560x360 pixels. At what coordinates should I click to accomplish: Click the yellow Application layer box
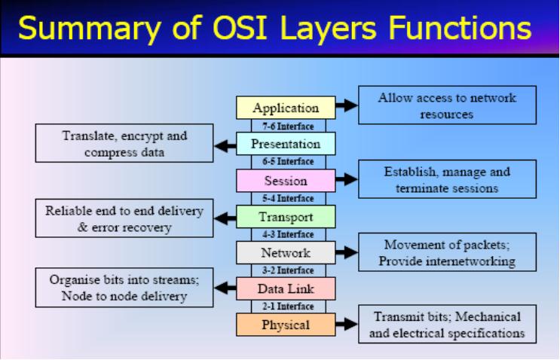tap(286, 108)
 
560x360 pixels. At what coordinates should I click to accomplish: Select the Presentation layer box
tap(286, 144)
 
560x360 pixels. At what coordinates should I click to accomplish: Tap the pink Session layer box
tap(286, 181)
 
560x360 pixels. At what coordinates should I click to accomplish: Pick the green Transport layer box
tap(286, 217)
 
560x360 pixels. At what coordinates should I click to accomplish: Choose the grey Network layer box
tap(286, 253)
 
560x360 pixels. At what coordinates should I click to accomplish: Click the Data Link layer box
tap(286, 289)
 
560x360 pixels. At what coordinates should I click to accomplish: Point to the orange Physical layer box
tap(286, 325)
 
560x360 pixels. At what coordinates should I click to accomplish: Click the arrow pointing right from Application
tap(346, 106)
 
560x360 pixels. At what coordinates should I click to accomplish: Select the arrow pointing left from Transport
tap(225, 217)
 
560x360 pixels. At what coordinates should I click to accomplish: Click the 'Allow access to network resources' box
tap(447, 105)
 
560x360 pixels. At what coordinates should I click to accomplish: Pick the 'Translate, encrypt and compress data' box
tap(124, 143)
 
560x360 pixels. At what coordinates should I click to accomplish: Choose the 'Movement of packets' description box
tap(447, 253)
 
